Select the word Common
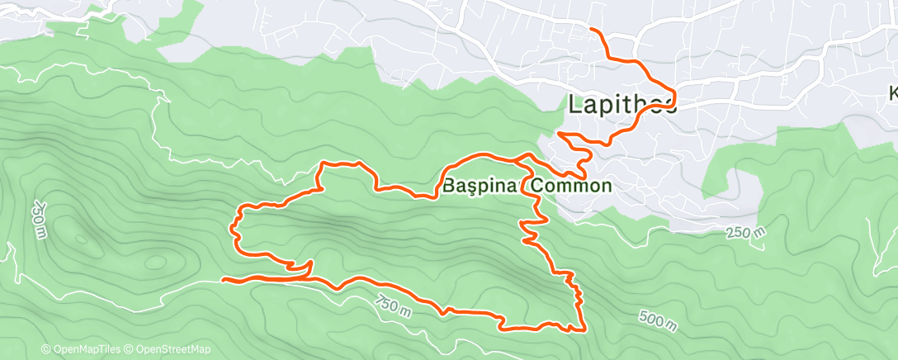571,186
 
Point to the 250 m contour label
746,234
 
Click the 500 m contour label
658,319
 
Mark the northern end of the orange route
591,30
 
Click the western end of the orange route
224,280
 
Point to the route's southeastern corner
584,331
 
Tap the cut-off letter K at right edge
893,92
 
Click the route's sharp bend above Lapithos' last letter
674,92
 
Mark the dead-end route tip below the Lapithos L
560,132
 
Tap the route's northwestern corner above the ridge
323,164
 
